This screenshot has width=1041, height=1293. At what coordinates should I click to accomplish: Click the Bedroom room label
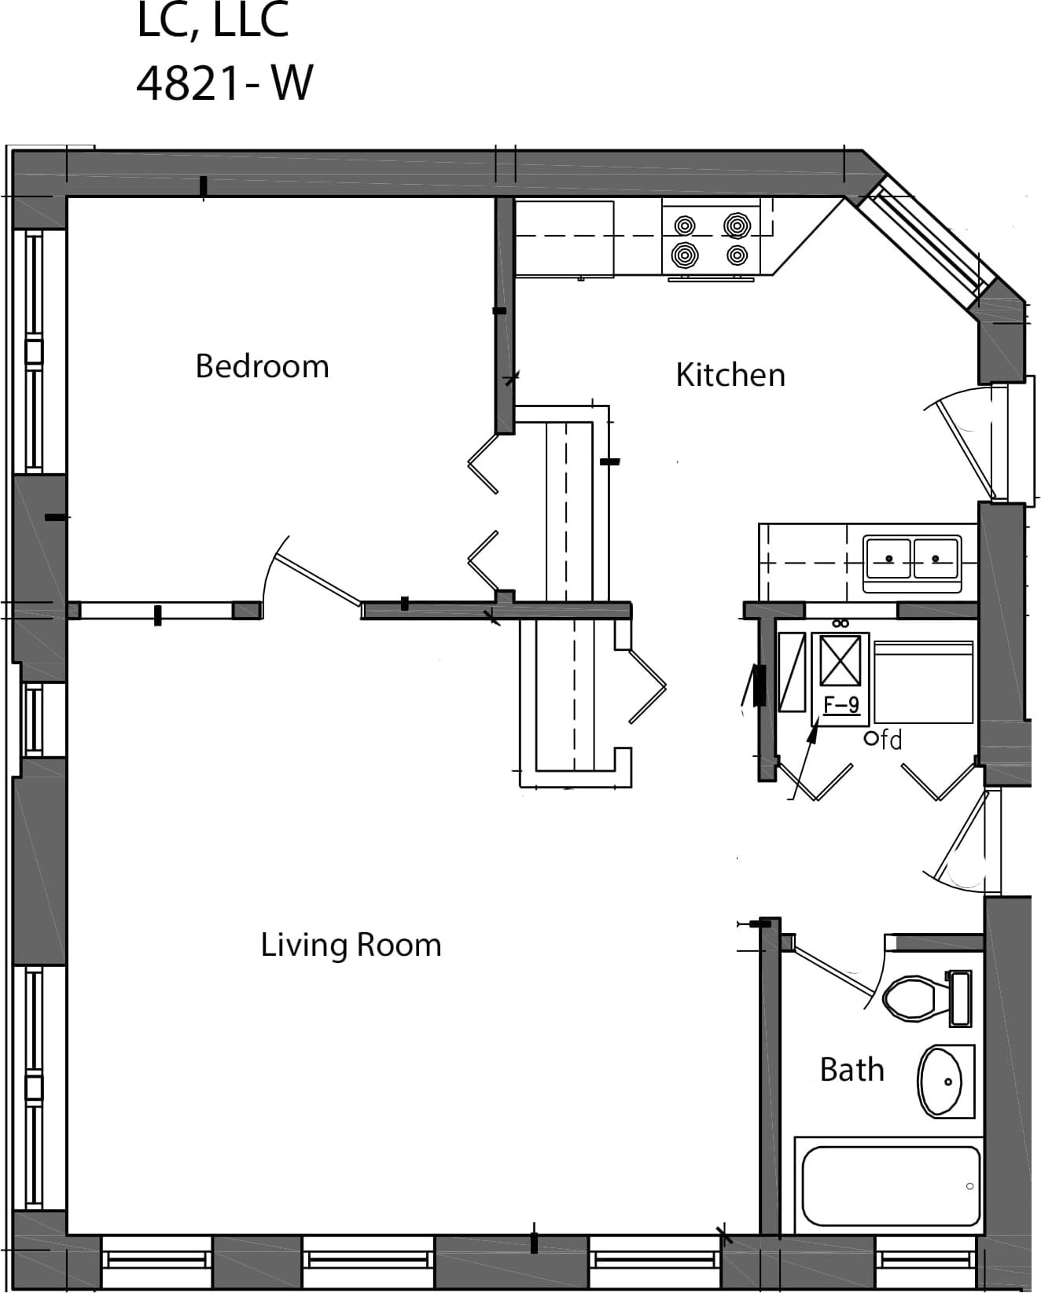(x=262, y=366)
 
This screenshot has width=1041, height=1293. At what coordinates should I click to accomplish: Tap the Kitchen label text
(x=730, y=375)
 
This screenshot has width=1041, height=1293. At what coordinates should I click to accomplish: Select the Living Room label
(x=351, y=945)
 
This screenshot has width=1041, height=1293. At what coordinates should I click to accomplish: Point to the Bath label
(x=852, y=1070)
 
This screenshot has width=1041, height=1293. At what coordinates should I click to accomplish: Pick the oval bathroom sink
(x=945, y=1082)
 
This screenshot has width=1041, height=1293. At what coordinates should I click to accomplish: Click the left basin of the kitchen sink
(x=888, y=559)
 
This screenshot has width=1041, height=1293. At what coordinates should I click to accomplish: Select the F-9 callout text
(x=841, y=705)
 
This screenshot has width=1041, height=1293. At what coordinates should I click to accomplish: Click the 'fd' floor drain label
(x=892, y=740)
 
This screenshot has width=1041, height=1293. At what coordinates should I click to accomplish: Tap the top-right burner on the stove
(x=737, y=226)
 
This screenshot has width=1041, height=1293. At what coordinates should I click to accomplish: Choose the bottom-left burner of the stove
(x=684, y=255)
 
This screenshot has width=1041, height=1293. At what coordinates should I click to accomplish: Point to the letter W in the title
(x=292, y=83)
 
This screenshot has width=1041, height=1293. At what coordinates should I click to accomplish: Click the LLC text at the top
(x=250, y=20)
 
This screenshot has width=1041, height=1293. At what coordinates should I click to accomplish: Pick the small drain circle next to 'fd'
(x=871, y=739)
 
